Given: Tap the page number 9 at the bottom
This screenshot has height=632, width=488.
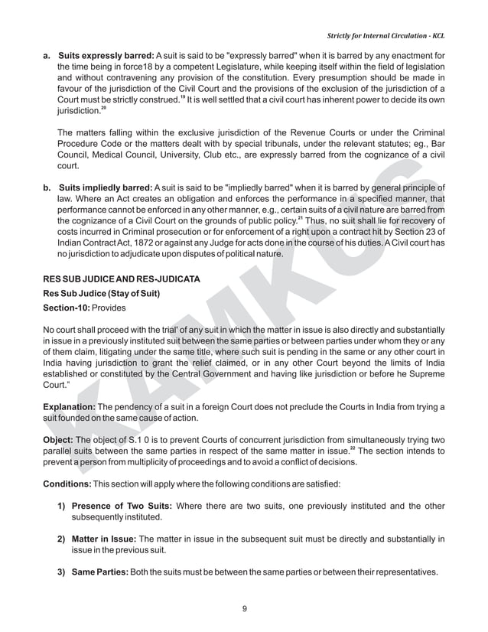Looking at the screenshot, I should (244, 608).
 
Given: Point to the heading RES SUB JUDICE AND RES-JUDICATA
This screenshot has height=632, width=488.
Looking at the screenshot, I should (122, 279).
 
